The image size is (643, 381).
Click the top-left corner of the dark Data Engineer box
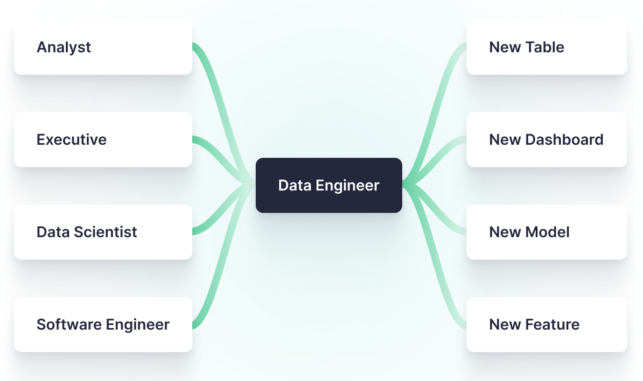256,158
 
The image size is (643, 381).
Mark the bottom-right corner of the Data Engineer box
402,212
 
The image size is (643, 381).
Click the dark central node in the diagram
328,185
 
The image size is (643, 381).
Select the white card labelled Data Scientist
103,232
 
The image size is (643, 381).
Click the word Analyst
64,48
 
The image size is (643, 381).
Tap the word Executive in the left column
71,140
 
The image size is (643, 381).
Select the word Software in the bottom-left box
69,325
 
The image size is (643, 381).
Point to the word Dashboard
564,140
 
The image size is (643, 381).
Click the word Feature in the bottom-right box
552,325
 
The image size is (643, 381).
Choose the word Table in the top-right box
545,47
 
